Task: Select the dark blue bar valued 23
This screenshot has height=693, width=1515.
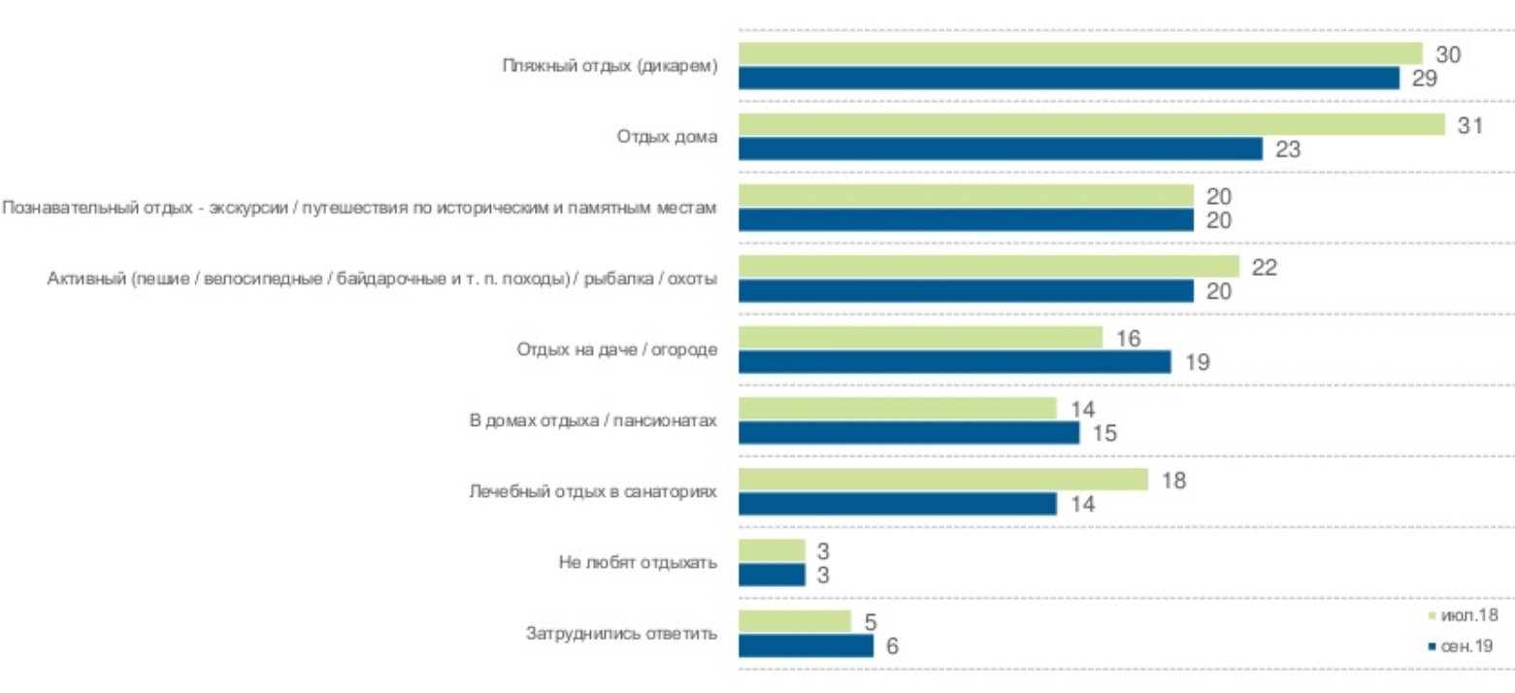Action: pos(1000,149)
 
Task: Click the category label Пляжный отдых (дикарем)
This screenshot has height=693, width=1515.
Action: pos(609,66)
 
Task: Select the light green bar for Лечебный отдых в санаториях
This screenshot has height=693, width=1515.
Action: pos(942,480)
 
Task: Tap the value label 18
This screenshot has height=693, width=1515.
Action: pos(1174,480)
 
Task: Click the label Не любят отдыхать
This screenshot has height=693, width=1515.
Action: pos(638,563)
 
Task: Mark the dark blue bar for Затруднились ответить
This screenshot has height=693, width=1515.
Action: pos(806,645)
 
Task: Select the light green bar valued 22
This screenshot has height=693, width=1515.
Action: pos(989,267)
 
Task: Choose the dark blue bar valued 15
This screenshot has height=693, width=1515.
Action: pos(908,433)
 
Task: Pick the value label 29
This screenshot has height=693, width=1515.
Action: pos(1425,79)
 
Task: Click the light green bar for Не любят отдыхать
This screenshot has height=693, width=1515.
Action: pos(772,551)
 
